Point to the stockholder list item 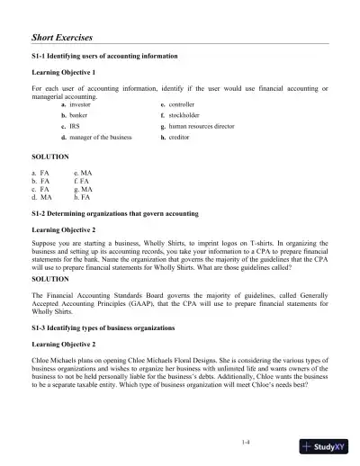click(184, 116)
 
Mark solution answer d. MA click(41, 197)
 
